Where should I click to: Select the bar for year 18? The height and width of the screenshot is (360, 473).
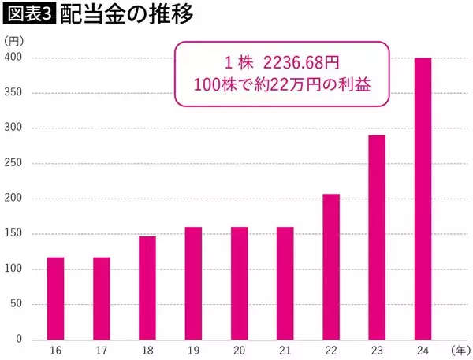pos(147,288)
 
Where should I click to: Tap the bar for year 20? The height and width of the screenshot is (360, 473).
pos(239,283)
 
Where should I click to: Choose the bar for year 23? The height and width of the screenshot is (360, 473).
pos(377,237)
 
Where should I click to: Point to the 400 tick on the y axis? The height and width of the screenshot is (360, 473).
pos(15,58)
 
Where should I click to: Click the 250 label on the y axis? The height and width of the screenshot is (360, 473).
pos(15,164)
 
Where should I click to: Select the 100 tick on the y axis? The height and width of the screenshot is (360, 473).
pos(15,269)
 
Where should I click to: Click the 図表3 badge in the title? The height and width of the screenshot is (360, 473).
pos(28,14)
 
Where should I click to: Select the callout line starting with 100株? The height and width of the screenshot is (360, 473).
pos(281,84)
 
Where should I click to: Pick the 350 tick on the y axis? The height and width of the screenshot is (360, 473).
pos(15,94)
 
